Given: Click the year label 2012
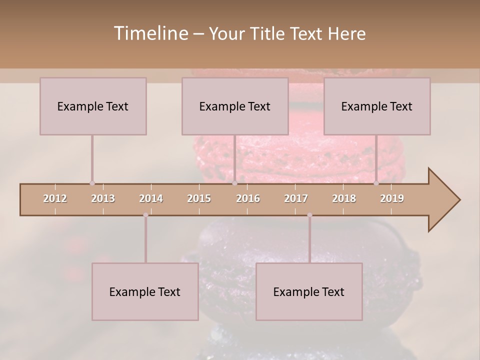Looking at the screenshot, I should [x=55, y=198].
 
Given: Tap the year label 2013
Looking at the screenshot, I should [x=103, y=198].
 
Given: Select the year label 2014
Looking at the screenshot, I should [x=151, y=198].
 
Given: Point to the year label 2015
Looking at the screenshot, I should [x=199, y=198].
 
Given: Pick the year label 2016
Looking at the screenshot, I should [x=248, y=198].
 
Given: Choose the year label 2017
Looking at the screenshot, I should [x=296, y=198].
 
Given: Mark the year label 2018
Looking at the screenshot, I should [x=344, y=198].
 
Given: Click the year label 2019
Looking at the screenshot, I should [x=392, y=198].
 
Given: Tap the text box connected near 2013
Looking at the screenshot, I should [x=93, y=106].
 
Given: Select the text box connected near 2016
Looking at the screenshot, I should [x=235, y=106].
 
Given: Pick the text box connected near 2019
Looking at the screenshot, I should [x=377, y=106].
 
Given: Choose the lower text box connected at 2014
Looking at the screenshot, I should [x=145, y=291].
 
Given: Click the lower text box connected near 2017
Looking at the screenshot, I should [x=309, y=291].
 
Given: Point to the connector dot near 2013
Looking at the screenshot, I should [x=92, y=183].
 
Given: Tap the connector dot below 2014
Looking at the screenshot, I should [x=145, y=215].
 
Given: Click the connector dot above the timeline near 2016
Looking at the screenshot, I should [x=234, y=183].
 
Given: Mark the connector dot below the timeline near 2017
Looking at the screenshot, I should [x=309, y=215].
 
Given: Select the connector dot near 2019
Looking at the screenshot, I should [x=376, y=183].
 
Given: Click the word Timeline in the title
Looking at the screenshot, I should [x=150, y=33].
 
